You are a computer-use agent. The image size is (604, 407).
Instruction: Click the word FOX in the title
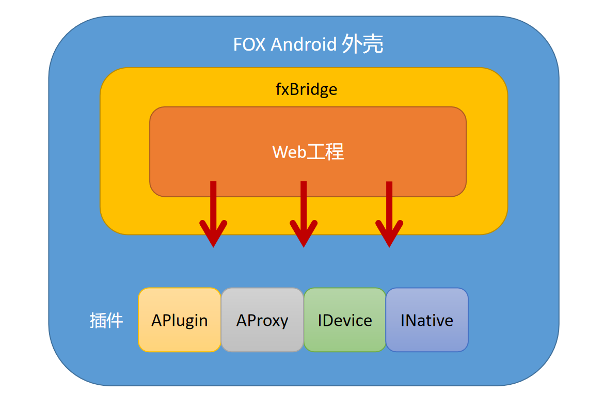pos(249,45)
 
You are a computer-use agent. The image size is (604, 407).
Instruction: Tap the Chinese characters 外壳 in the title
pos(362,45)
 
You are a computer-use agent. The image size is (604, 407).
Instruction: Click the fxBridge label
pos(306,89)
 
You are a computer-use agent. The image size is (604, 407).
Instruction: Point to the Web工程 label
pos(308,152)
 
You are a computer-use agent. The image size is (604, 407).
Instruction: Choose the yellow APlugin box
pos(180,336)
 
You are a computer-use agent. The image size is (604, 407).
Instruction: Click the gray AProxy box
pos(262,336)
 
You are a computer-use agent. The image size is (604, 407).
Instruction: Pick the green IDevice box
pos(345,336)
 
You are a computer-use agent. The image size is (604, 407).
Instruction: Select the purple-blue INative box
pos(427,336)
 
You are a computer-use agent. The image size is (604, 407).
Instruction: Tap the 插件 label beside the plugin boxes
pos(106,321)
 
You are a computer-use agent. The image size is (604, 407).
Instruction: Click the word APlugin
pos(180,321)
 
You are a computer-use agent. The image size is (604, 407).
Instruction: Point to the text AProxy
pos(262,321)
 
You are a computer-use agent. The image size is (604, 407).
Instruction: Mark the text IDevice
pos(345,321)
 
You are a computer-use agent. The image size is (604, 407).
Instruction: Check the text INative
pos(427,321)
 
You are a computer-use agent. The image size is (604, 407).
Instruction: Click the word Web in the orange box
pos(289,152)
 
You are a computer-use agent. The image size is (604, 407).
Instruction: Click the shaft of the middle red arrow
pos(304,201)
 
